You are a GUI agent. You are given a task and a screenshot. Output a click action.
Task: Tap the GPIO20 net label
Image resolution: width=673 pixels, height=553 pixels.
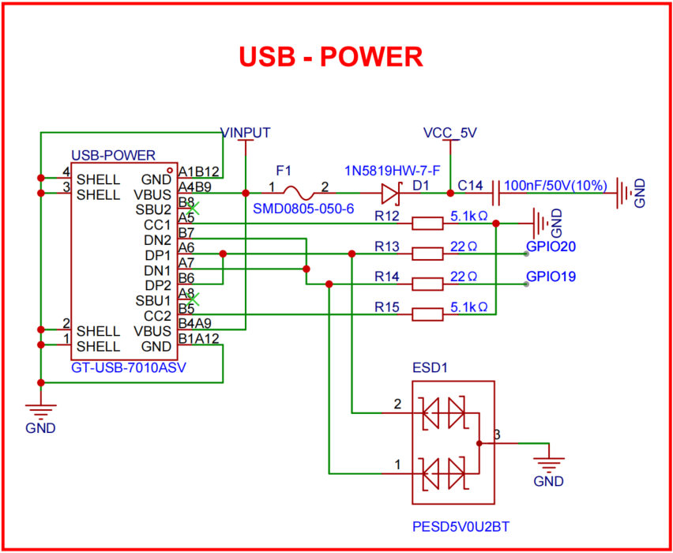[551, 247]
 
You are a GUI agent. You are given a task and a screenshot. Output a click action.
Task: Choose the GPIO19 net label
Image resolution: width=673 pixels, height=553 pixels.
[551, 277]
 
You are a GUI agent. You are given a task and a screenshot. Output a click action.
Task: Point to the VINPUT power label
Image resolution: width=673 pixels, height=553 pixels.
[246, 132]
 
